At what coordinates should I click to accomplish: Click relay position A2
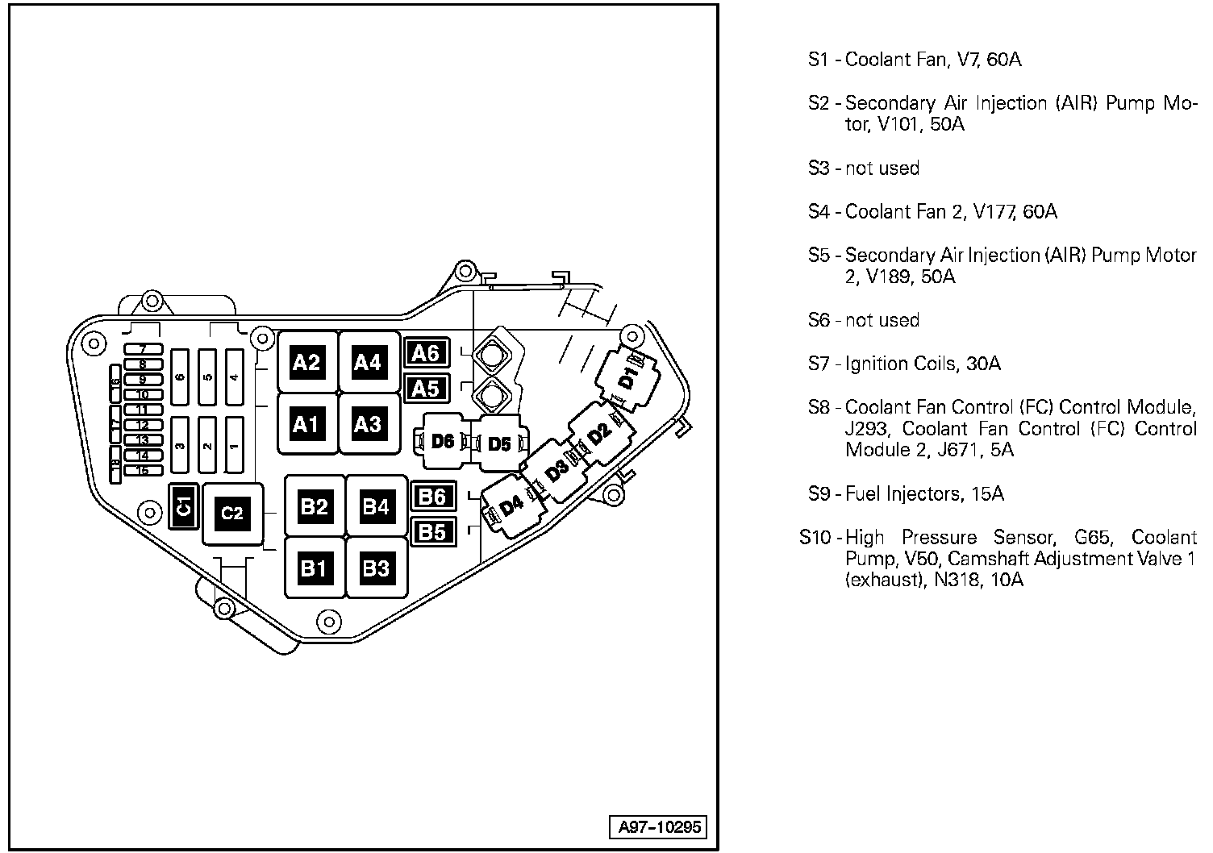pyautogui.click(x=306, y=363)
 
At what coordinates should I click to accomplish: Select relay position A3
pyautogui.click(x=368, y=424)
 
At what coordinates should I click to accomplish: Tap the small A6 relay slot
pyautogui.click(x=425, y=352)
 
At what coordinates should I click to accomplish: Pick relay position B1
pyautogui.click(x=314, y=568)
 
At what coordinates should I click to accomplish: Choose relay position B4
pyautogui.click(x=376, y=506)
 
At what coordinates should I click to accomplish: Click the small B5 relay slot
pyautogui.click(x=433, y=532)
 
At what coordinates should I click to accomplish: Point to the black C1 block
pyautogui.click(x=183, y=506)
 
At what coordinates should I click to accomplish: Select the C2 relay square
pyautogui.click(x=232, y=514)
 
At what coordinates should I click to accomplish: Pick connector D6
pyautogui.click(x=443, y=441)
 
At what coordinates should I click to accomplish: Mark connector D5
pyautogui.click(x=500, y=444)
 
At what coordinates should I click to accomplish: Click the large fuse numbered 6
pyautogui.click(x=181, y=377)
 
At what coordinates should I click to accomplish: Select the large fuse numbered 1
pyautogui.click(x=235, y=445)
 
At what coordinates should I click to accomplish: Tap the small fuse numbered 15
pyautogui.click(x=143, y=471)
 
